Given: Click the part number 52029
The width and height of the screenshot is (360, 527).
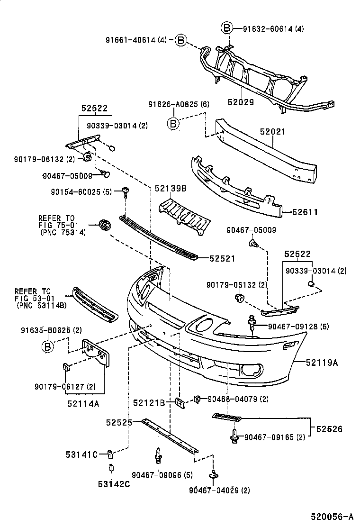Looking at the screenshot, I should pyautogui.click(x=241, y=101).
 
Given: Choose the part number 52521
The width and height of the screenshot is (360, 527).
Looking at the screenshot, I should pyautogui.click(x=223, y=258).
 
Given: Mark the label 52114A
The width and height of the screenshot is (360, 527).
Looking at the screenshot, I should pyautogui.click(x=86, y=404).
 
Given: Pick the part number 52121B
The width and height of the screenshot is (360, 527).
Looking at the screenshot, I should pyautogui.click(x=149, y=403).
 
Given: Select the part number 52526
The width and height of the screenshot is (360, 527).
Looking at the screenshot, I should pyautogui.click(x=328, y=429).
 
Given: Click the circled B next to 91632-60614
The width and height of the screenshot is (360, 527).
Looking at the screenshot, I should pyautogui.click(x=227, y=29).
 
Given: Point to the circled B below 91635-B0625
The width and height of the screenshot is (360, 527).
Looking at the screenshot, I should pyautogui.click(x=47, y=347).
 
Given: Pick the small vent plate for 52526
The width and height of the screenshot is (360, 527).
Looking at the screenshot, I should pyautogui.click(x=227, y=417).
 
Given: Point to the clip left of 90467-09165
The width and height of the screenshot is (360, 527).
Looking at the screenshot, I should pyautogui.click(x=234, y=436).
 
